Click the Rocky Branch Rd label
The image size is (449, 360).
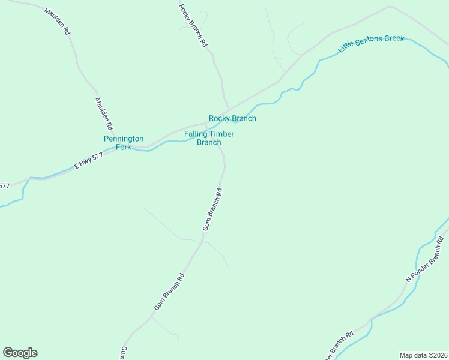click(193, 26)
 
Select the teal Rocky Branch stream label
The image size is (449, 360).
click(232, 118)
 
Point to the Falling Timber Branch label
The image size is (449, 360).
click(209, 138)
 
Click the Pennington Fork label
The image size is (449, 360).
click(124, 143)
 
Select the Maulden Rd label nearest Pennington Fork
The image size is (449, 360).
click(104, 114)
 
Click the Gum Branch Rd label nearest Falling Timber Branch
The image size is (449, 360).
click(212, 210)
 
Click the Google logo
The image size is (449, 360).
click(20, 353)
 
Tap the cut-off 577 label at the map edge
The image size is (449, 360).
click(4, 186)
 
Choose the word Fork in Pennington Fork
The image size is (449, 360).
click(124, 147)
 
